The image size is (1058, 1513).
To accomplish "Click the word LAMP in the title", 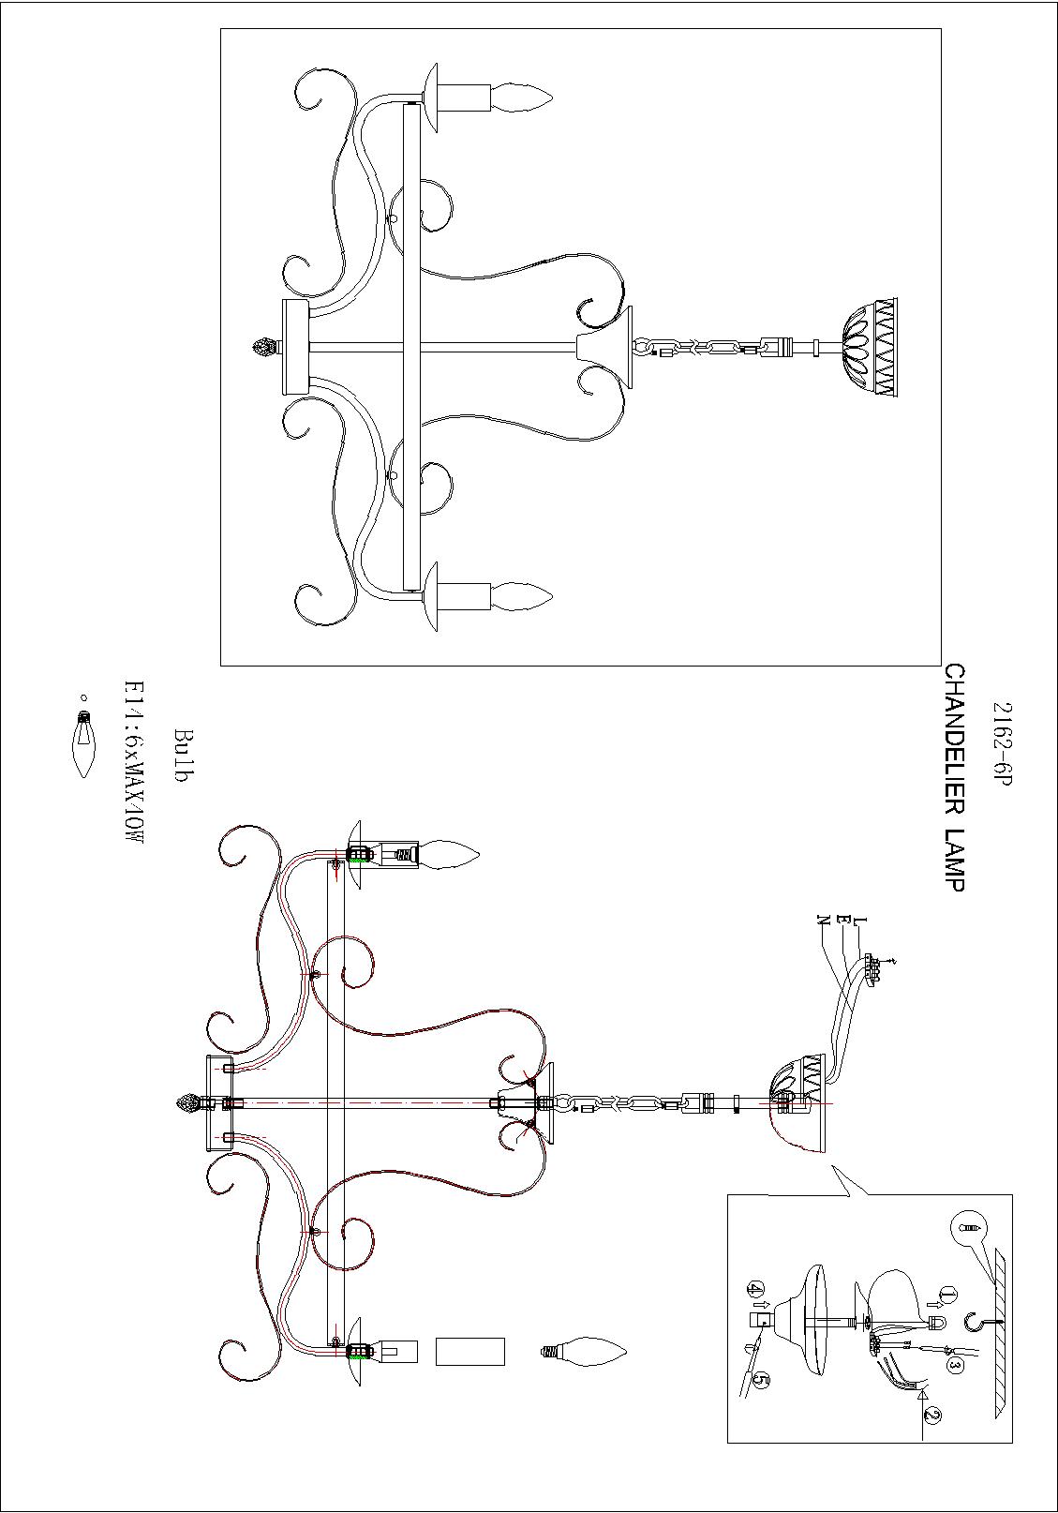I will pyautogui.click(x=953, y=859).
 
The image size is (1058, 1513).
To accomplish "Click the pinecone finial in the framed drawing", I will pyautogui.click(x=265, y=348).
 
